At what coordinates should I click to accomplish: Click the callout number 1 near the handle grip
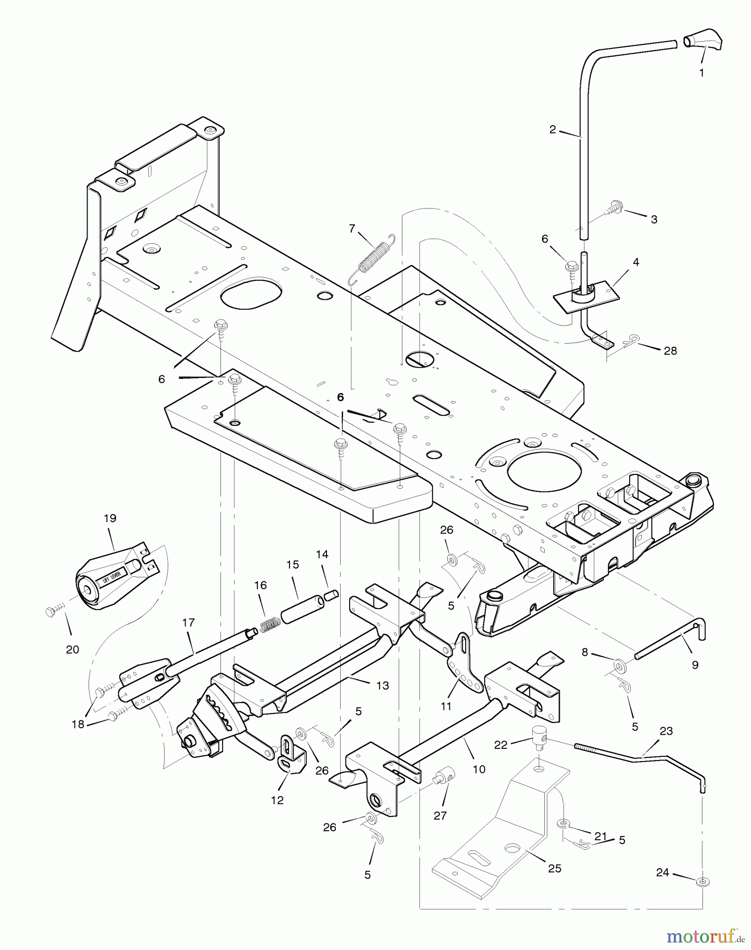coord(701,73)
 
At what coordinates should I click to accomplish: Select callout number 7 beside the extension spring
coord(352,228)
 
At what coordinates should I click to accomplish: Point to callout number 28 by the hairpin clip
coord(670,351)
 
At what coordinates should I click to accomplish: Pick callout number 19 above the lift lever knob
coord(110,518)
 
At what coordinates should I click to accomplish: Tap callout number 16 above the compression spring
coord(260,585)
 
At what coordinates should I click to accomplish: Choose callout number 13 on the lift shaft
coord(382,686)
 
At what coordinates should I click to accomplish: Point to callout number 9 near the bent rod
coord(695,665)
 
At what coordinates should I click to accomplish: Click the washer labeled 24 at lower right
coord(702,882)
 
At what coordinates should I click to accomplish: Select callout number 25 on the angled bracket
coord(554,869)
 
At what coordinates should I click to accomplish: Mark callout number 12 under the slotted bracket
coord(277,800)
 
